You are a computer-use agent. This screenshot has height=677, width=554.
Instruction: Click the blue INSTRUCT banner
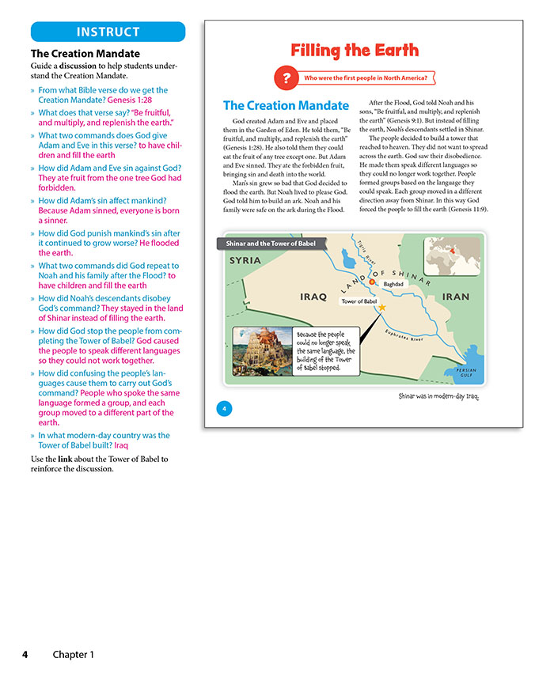pyautogui.click(x=108, y=32)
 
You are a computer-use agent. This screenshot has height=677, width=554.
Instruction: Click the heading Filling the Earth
pyautogui.click(x=354, y=51)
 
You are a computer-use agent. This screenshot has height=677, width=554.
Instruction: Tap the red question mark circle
pyautogui.click(x=283, y=78)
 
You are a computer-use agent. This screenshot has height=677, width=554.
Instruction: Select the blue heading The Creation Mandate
pyautogui.click(x=285, y=105)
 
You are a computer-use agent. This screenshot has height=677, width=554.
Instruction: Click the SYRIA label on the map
pyautogui.click(x=245, y=260)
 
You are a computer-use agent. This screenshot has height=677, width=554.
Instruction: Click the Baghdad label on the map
pyautogui.click(x=393, y=284)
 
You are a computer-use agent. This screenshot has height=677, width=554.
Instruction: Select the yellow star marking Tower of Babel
pyautogui.click(x=382, y=307)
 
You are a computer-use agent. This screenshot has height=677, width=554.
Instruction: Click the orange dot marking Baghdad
pyautogui.click(x=372, y=282)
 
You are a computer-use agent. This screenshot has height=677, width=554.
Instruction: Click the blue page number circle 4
pyautogui.click(x=225, y=408)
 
